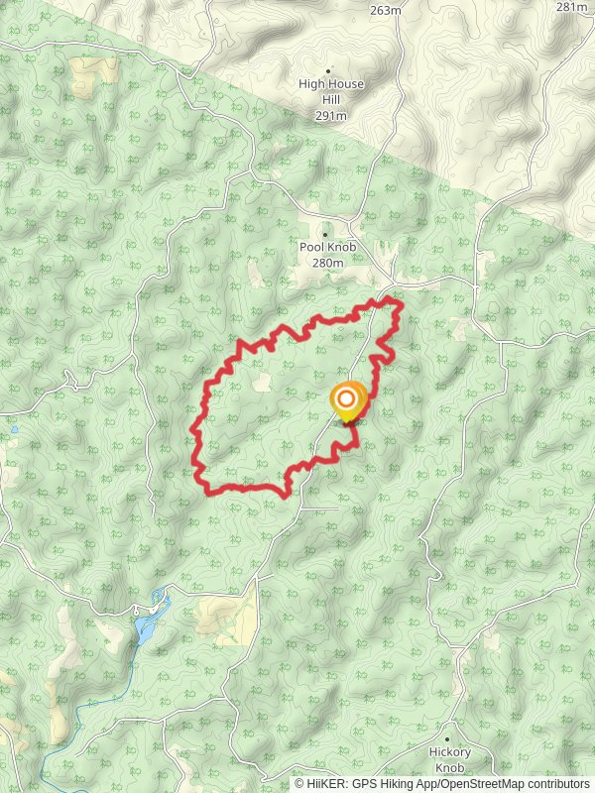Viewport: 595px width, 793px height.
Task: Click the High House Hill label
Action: tap(331, 84)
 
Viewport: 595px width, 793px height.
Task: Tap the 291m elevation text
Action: tap(331, 116)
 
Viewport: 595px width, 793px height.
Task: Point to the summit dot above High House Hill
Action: tap(329, 70)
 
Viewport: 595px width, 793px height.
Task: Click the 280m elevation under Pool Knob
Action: tap(327, 263)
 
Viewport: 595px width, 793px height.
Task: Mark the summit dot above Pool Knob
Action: tap(324, 235)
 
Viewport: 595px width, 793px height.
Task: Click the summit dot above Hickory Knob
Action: tap(448, 739)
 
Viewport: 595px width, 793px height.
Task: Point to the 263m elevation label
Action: tap(385, 10)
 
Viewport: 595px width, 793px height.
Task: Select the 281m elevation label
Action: tap(572, 7)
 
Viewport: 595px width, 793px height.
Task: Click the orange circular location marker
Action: tap(347, 402)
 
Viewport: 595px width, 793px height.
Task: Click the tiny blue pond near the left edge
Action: tap(14, 430)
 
